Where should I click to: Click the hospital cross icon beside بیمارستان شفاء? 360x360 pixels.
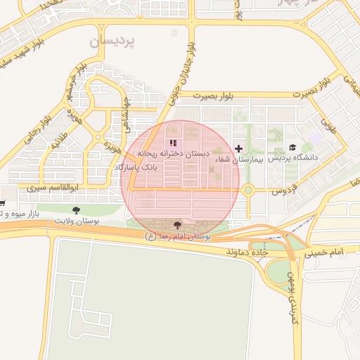(240, 148)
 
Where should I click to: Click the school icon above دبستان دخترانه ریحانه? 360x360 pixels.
(173, 143)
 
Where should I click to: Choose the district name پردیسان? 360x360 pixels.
(112, 42)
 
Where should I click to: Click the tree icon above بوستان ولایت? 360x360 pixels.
(76, 210)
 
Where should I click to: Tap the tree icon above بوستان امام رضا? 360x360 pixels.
(176, 225)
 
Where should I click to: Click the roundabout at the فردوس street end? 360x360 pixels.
(247, 189)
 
